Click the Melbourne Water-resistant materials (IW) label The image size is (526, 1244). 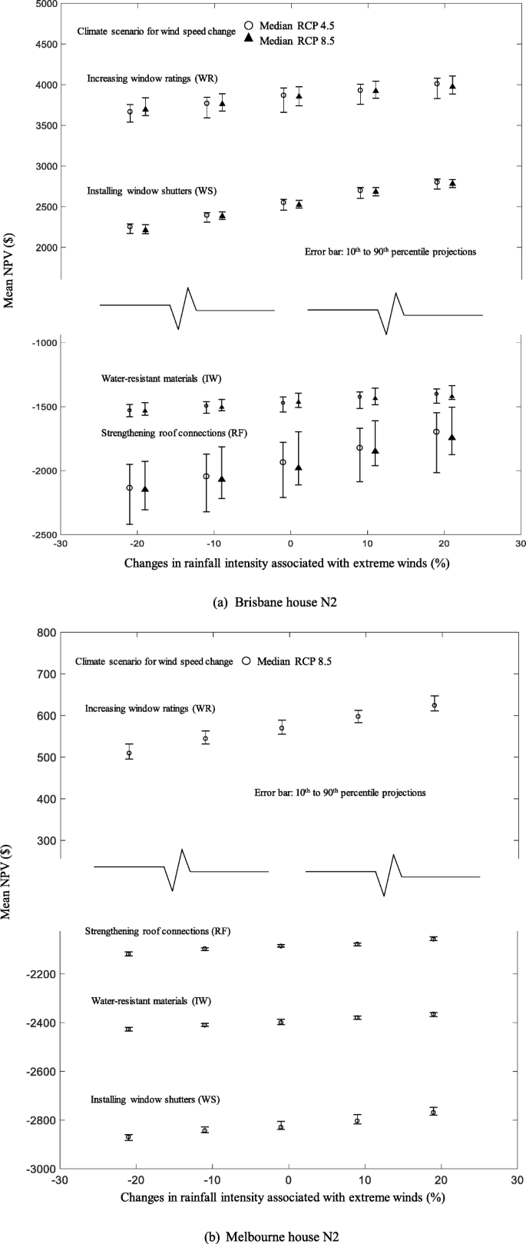(151, 1001)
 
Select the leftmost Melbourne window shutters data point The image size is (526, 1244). (129, 1137)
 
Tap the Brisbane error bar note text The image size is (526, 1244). (391, 251)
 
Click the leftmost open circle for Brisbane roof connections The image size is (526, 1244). (130, 487)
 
